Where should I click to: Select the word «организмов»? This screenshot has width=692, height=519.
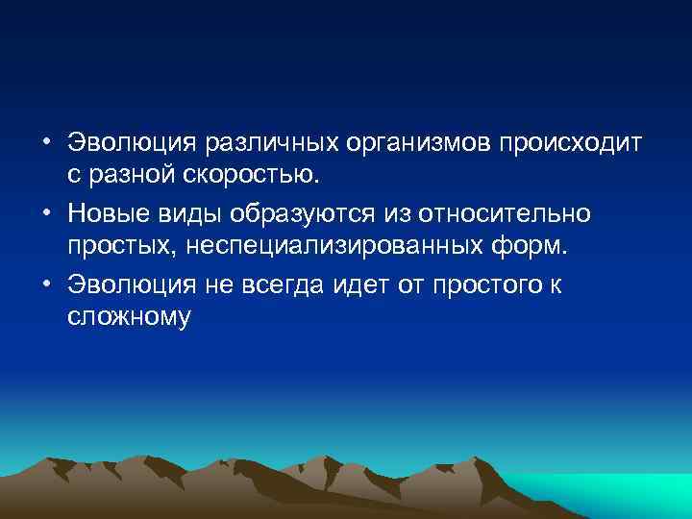click(414, 143)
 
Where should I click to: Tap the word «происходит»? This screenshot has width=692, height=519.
click(574, 143)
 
